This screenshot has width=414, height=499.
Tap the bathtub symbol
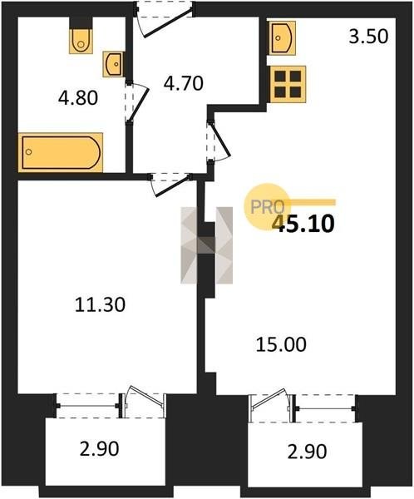pyautogui.click(x=61, y=152)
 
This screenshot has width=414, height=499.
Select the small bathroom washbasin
pyautogui.click(x=113, y=64)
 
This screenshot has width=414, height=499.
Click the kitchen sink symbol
pyautogui.click(x=282, y=38)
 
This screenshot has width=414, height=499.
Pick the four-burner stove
pyautogui.click(x=288, y=84)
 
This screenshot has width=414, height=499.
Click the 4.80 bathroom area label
pyautogui.click(x=78, y=97)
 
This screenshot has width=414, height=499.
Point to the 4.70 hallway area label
pyautogui.click(x=183, y=83)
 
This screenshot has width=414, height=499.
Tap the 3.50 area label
pyautogui.click(x=368, y=37)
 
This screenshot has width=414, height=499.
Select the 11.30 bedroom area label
pyautogui.click(x=101, y=304)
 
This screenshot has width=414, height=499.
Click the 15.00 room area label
pyautogui.click(x=281, y=344)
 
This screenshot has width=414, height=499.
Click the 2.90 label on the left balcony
pyautogui.click(x=99, y=449)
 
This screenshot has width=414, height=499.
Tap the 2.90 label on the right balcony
pyautogui.click(x=307, y=452)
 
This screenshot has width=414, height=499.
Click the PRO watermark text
pyautogui.click(x=268, y=207)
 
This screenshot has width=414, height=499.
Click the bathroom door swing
pyautogui.click(x=138, y=101)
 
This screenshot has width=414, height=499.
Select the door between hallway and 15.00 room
pyautogui.click(x=219, y=141)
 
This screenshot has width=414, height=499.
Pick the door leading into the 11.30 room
pyautogui.click(x=170, y=185)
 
